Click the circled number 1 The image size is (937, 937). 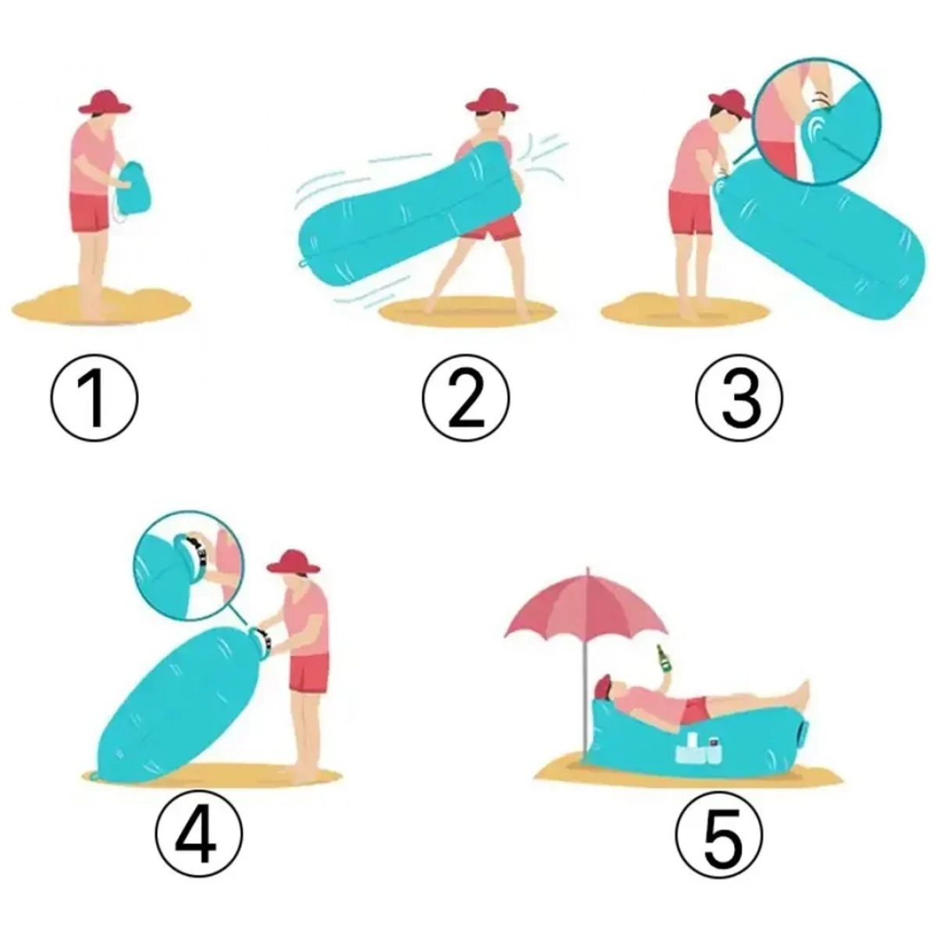click(x=94, y=397)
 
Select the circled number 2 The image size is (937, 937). click(x=466, y=397)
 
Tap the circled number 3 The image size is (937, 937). click(x=739, y=397)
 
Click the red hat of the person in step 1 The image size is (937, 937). click(x=105, y=102)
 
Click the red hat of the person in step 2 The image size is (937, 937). click(x=491, y=101)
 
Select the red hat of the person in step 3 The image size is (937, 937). click(x=729, y=104)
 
